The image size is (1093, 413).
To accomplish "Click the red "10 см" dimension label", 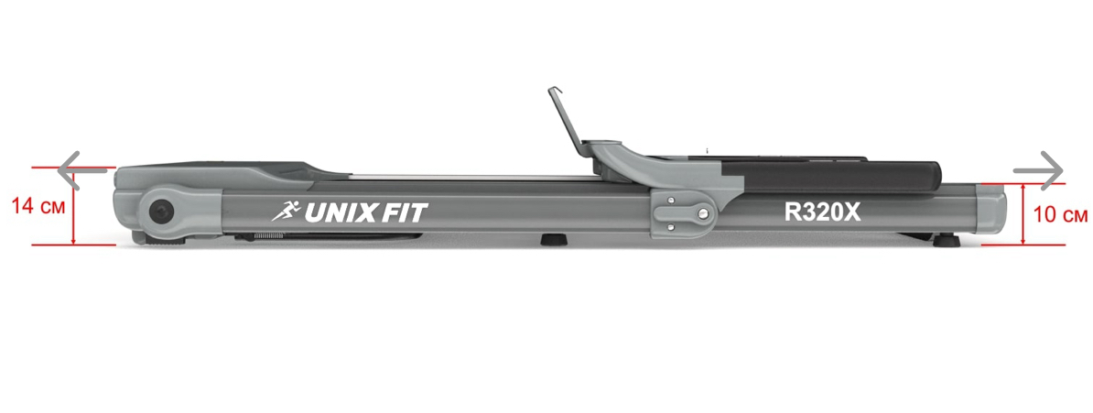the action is [x=1060, y=215].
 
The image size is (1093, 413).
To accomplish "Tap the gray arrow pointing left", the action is [x=81, y=169].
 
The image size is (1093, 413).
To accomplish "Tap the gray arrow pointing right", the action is [x=1039, y=170].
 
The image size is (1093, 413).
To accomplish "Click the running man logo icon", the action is [x=287, y=210].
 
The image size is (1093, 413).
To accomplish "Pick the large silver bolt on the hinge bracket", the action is [x=700, y=212].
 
